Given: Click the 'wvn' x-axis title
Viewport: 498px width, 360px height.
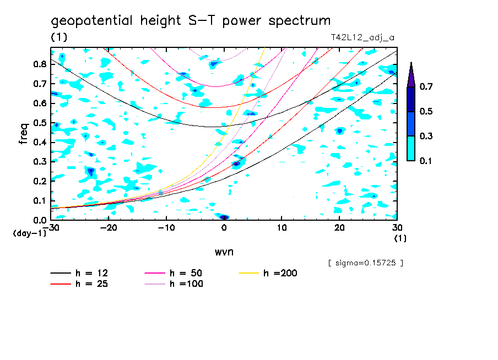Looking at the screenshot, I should tap(223, 252).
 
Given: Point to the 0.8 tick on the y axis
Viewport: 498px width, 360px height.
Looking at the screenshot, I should tap(39, 64).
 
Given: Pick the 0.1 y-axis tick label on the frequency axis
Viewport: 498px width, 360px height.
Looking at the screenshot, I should tap(39, 200).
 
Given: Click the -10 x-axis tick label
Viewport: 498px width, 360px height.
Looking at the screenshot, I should tap(166, 228).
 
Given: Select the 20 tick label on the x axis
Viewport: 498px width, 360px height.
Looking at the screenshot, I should tap(339, 228).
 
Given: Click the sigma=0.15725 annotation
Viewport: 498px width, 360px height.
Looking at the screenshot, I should tap(366, 263).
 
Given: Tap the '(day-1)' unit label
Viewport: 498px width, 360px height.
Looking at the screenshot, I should tap(29, 233).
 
